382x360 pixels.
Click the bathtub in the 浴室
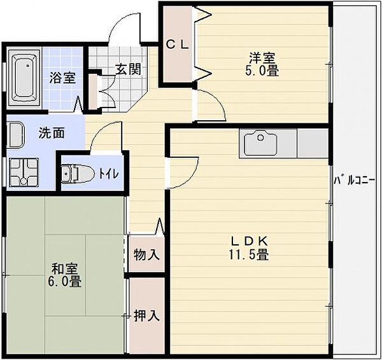pos(24,77)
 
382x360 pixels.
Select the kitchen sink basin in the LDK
pos(261,142)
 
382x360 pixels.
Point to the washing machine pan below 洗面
pos(24,172)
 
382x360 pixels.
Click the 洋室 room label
pos(262,58)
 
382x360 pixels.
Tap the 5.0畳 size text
pos(262,71)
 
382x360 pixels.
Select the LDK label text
pos(249,242)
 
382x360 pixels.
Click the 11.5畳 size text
pos(248,254)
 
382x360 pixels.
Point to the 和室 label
pos(64,269)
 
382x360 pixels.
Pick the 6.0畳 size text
pos(64,282)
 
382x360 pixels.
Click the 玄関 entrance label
pos(128,69)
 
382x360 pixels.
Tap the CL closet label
pos(178,45)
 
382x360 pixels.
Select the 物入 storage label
pos(146,254)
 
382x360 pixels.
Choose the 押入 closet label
pos(146,315)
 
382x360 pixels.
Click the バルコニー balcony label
pos(354,181)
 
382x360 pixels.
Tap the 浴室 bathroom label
pos(62,78)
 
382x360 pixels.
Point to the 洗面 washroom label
pos(52,133)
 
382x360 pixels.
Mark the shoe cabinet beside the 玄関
pos(93,92)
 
